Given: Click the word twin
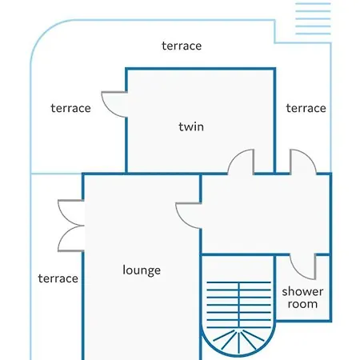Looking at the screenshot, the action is click(x=191, y=126).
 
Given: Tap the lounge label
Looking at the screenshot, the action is click(x=142, y=270).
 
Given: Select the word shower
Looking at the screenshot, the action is click(x=302, y=291).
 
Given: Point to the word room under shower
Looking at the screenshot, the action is click(x=302, y=304).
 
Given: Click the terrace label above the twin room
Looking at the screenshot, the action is click(x=182, y=46).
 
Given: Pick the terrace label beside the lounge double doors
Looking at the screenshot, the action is click(x=58, y=278).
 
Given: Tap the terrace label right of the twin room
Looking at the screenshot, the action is click(x=306, y=108).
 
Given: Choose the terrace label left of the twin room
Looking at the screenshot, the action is click(x=70, y=108).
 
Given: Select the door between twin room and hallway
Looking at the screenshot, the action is click(x=241, y=162).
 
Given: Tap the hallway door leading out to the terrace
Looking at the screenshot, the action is click(x=303, y=162).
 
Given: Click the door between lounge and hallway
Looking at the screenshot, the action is click(x=188, y=216).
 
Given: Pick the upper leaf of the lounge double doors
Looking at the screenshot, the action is click(x=71, y=213).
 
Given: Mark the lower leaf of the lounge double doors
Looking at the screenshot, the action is click(x=71, y=238).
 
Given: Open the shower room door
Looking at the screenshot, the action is click(x=302, y=266).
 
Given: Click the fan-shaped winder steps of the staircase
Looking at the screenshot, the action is click(x=238, y=342).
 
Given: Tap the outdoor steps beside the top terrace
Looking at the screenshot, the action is click(x=313, y=18).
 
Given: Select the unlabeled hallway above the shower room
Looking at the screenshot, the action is click(x=266, y=214).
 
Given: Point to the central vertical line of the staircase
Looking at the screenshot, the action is click(x=239, y=305).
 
